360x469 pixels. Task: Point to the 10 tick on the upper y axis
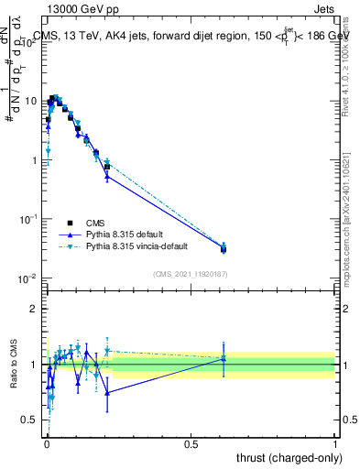click(x=32, y=101)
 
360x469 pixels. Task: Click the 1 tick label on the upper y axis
click(x=35, y=160)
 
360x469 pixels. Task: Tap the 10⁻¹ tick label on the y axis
click(x=29, y=219)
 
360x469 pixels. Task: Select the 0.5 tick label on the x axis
click(x=191, y=442)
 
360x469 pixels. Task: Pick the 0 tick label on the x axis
click(x=46, y=442)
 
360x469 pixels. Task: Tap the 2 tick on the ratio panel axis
click(x=35, y=309)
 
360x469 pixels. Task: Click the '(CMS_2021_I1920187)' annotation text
click(x=191, y=273)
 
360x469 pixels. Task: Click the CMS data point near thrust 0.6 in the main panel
click(x=224, y=248)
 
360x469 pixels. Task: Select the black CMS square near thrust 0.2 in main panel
click(x=107, y=168)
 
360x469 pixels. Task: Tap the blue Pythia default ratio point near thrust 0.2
click(x=107, y=393)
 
